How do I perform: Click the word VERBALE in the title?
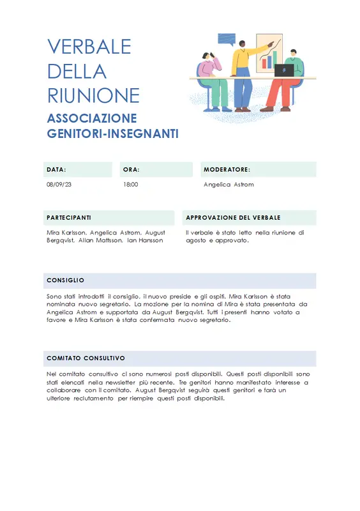coord(89,47)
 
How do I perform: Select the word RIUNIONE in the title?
coord(93,95)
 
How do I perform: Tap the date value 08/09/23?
coord(59,185)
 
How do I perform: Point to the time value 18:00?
coord(130,185)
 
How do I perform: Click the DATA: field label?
coord(56,170)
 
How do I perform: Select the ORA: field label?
coord(131,170)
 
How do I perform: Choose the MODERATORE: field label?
coord(227,170)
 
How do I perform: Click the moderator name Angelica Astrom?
coord(229,185)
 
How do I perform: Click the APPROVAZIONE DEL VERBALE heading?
coord(233,218)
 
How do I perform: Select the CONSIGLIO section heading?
coord(66,280)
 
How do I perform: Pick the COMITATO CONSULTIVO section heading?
coord(86,358)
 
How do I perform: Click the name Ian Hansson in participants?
coord(145,241)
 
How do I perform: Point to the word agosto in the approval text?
coord(195,241)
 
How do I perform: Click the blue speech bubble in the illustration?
coord(227,39)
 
